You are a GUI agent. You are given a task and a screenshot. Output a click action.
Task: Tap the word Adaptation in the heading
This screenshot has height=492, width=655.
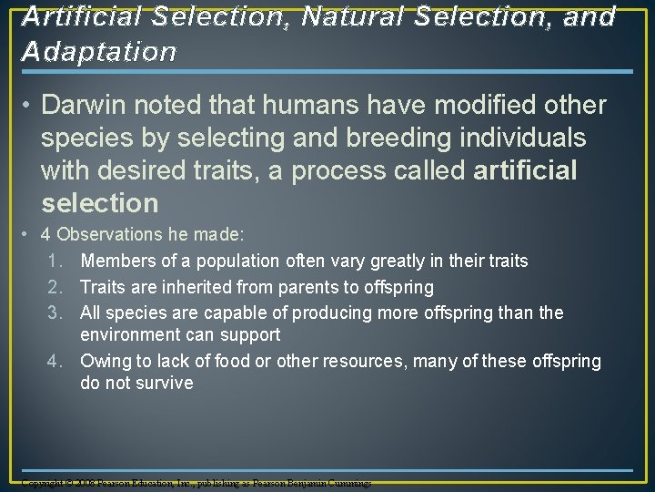[99, 52]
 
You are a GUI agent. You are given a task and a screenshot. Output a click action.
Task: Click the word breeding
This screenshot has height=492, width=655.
[390, 138]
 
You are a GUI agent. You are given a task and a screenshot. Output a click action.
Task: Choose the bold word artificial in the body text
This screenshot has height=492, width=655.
[526, 170]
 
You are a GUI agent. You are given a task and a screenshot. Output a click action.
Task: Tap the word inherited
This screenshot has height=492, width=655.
[192, 287]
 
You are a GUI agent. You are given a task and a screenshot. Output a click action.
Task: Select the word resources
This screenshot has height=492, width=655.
[363, 362]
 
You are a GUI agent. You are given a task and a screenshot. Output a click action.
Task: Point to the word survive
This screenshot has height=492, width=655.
[165, 384]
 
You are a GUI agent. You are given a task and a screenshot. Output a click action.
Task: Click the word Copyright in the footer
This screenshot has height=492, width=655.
[45, 482]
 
